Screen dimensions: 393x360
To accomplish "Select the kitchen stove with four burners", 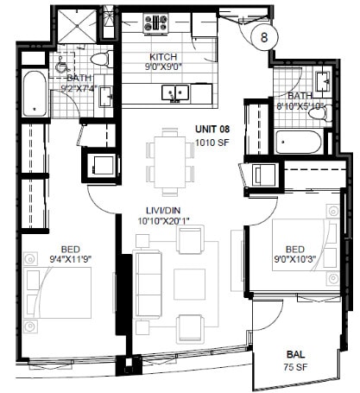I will point(156,23).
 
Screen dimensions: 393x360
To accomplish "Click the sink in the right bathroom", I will point(323,82).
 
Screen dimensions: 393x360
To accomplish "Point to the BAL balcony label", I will point(294,354).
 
